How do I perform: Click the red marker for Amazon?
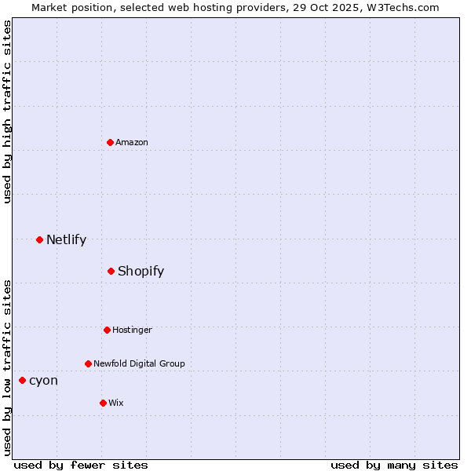point(111,142)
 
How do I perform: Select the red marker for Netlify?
point(39,239)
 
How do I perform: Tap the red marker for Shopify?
point(111,271)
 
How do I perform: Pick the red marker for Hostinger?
point(107,330)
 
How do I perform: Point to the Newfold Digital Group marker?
point(88,363)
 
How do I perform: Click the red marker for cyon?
point(22,380)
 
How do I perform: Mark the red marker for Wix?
point(103,403)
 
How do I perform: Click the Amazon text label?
point(132,142)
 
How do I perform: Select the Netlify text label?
point(66,239)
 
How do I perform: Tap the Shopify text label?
point(141,271)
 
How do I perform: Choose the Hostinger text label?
point(132,330)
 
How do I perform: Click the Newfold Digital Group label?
point(139,363)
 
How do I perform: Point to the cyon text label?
point(43,380)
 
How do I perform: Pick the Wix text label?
point(116,403)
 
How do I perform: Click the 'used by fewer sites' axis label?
point(81,465)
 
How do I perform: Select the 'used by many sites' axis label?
point(394,465)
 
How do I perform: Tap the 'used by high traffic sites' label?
point(7,111)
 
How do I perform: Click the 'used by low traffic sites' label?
point(7,367)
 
